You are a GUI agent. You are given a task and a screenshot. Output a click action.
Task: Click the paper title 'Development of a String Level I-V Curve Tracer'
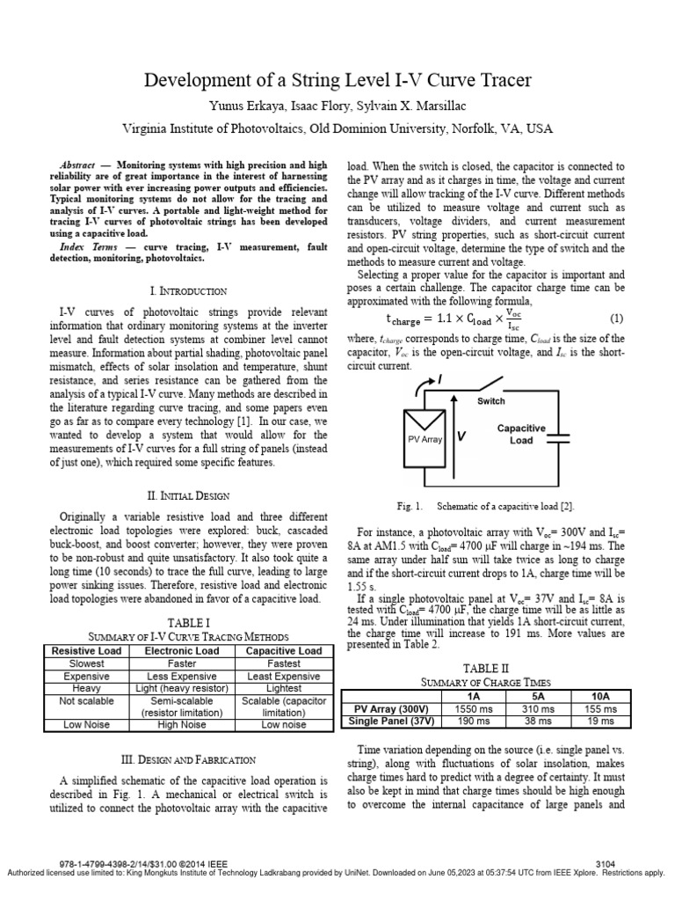click(x=337, y=82)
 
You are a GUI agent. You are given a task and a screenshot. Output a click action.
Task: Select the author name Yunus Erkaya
click(x=238, y=106)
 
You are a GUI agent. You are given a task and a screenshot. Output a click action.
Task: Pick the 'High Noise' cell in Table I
click(x=182, y=724)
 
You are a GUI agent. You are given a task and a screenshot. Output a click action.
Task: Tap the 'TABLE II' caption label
click(x=486, y=668)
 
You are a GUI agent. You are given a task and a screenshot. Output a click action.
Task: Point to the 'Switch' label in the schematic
click(x=491, y=401)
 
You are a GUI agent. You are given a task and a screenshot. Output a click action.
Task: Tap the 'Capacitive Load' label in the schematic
click(x=521, y=434)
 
